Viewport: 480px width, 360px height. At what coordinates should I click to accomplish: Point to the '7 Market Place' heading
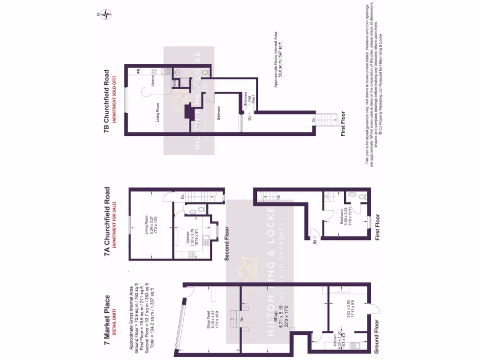pos(107,323)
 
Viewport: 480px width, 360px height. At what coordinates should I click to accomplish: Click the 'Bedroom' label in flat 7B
pos(219,112)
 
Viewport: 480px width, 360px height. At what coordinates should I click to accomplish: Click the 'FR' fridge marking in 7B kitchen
pos(139,71)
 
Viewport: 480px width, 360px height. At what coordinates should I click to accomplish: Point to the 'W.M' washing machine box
pos(174,83)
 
